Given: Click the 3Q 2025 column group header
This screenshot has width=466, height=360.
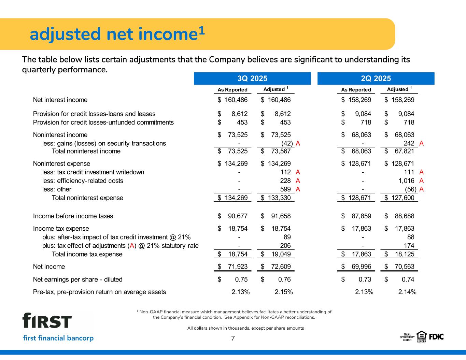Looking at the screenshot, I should pyautogui.click(x=252, y=78).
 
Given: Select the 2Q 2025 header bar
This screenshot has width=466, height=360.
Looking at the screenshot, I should pyautogui.click(x=376, y=78).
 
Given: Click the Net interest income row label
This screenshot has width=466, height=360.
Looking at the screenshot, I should pyautogui.click(x=60, y=100).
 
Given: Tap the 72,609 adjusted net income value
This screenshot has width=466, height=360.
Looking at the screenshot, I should pyautogui.click(x=279, y=267).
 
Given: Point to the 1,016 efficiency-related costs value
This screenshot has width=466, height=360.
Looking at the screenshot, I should pyautogui.click(x=406, y=181).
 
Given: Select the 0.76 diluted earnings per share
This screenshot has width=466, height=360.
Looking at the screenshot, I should pyautogui.click(x=284, y=280).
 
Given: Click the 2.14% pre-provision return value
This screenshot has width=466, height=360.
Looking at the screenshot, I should pyautogui.click(x=407, y=292).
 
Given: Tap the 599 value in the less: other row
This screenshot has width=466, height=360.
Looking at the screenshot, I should pyautogui.click(x=285, y=189).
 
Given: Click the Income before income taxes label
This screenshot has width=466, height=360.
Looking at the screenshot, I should pyautogui.click(x=73, y=216).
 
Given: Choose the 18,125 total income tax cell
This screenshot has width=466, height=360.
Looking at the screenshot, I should pyautogui.click(x=403, y=254).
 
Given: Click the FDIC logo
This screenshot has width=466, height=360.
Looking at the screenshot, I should pyautogui.click(x=436, y=336).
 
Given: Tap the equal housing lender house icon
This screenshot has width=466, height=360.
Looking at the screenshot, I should pyautogui.click(x=421, y=335).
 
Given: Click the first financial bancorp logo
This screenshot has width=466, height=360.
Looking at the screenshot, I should pyautogui.click(x=58, y=327).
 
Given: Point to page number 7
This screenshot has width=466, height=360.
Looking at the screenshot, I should pyautogui.click(x=233, y=339).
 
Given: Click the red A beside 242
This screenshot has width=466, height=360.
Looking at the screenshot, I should pyautogui.click(x=421, y=143).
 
